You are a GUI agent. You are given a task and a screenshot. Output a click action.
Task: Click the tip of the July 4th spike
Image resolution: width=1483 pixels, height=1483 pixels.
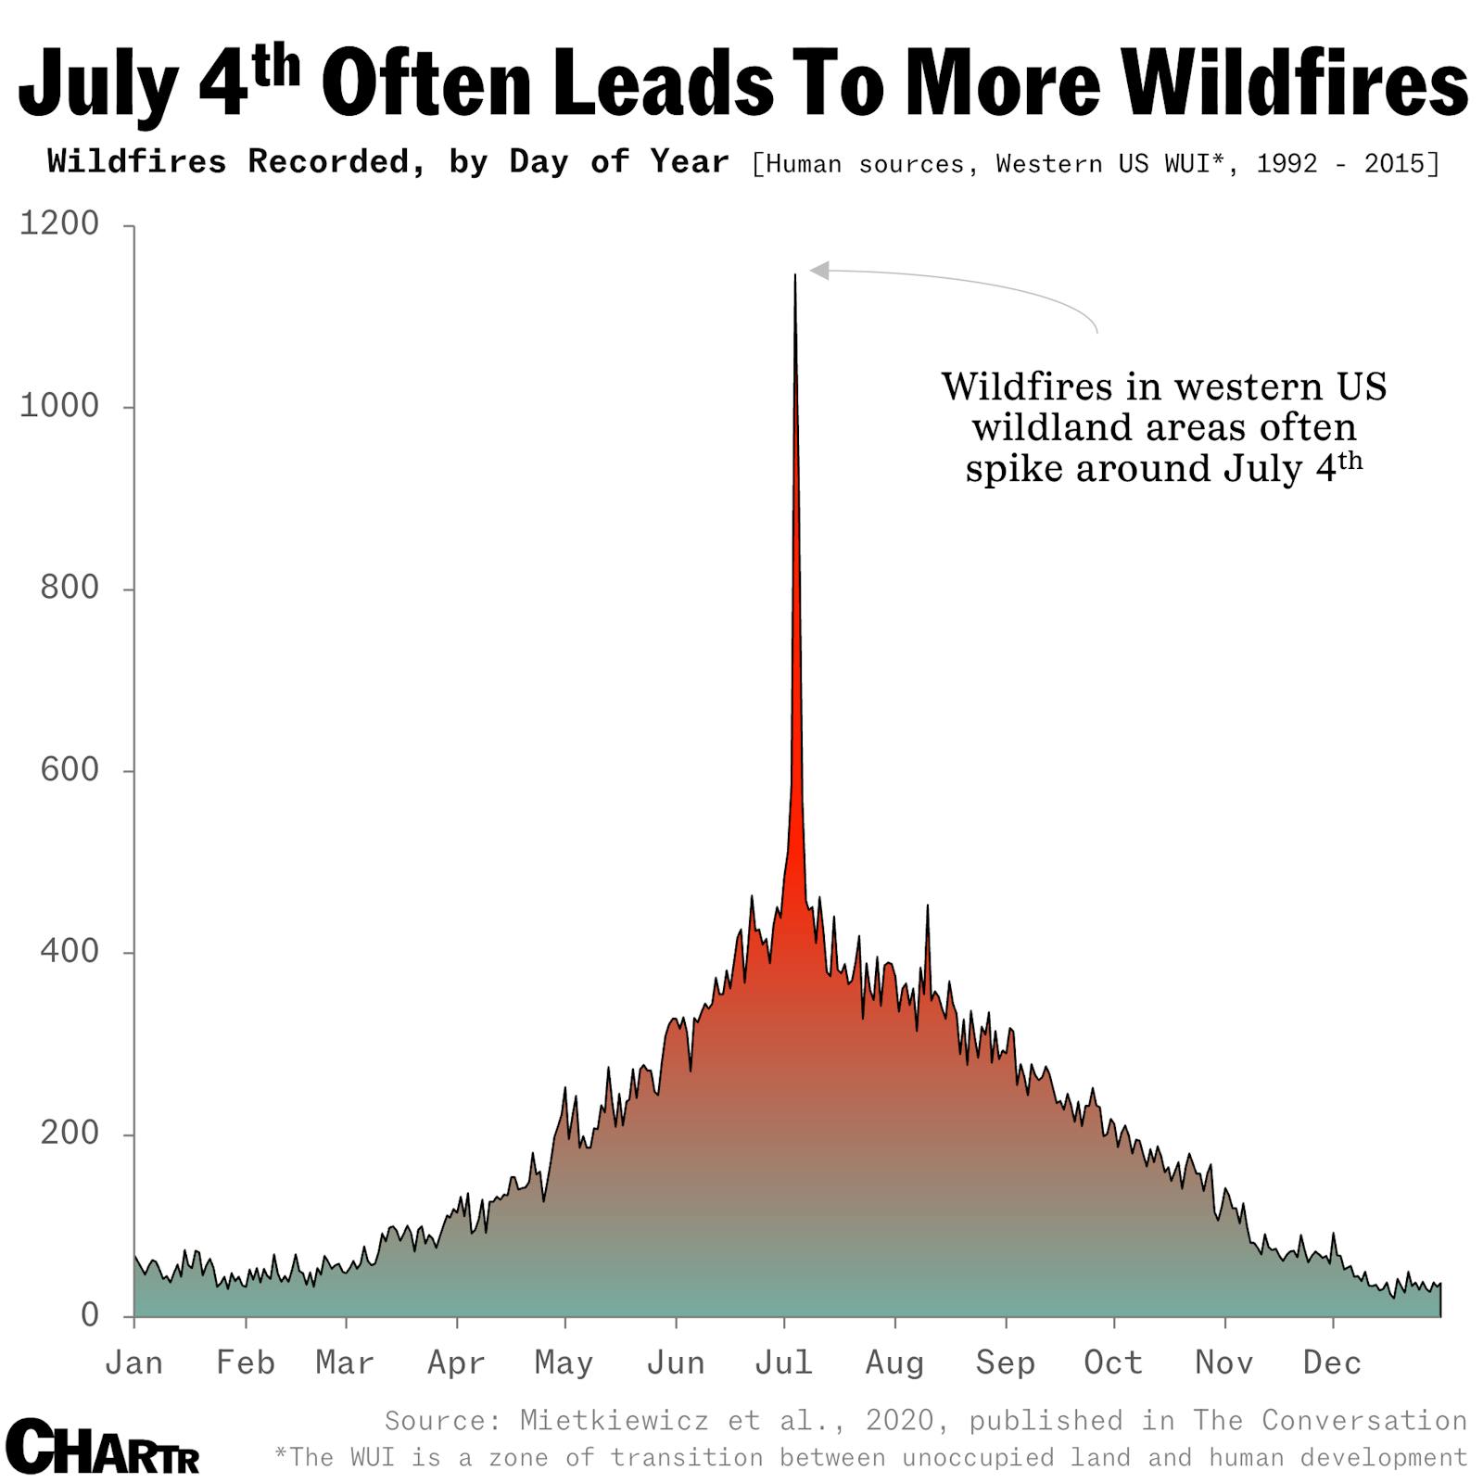[x=794, y=276]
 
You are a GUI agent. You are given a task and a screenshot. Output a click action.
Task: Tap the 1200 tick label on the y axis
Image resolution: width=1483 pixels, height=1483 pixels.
[x=59, y=223]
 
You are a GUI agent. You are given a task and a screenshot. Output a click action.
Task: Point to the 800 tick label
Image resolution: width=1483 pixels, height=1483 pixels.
[x=70, y=588]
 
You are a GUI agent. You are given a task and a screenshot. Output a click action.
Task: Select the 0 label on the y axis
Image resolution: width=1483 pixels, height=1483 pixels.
[x=90, y=1314]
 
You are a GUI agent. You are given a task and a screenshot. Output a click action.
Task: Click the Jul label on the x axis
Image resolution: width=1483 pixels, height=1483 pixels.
[x=784, y=1363]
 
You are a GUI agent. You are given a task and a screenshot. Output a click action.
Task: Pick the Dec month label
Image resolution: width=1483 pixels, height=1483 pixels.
[x=1332, y=1363]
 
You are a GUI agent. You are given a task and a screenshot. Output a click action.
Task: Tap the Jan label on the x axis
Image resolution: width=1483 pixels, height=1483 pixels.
[x=134, y=1363]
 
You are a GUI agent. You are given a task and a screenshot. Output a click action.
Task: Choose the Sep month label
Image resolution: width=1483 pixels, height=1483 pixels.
[x=1005, y=1363]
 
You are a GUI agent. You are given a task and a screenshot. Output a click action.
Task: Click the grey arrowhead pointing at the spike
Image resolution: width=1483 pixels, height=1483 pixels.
[x=819, y=270]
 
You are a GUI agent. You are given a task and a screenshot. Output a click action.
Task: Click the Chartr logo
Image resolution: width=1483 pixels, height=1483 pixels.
[x=103, y=1447]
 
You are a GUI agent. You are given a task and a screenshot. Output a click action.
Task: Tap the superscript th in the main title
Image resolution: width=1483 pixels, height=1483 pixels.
[x=276, y=67]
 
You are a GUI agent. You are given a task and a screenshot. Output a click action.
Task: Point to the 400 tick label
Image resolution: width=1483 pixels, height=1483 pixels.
[x=70, y=951]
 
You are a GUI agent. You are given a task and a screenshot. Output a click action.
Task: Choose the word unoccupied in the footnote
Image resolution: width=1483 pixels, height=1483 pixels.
[x=978, y=1457]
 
